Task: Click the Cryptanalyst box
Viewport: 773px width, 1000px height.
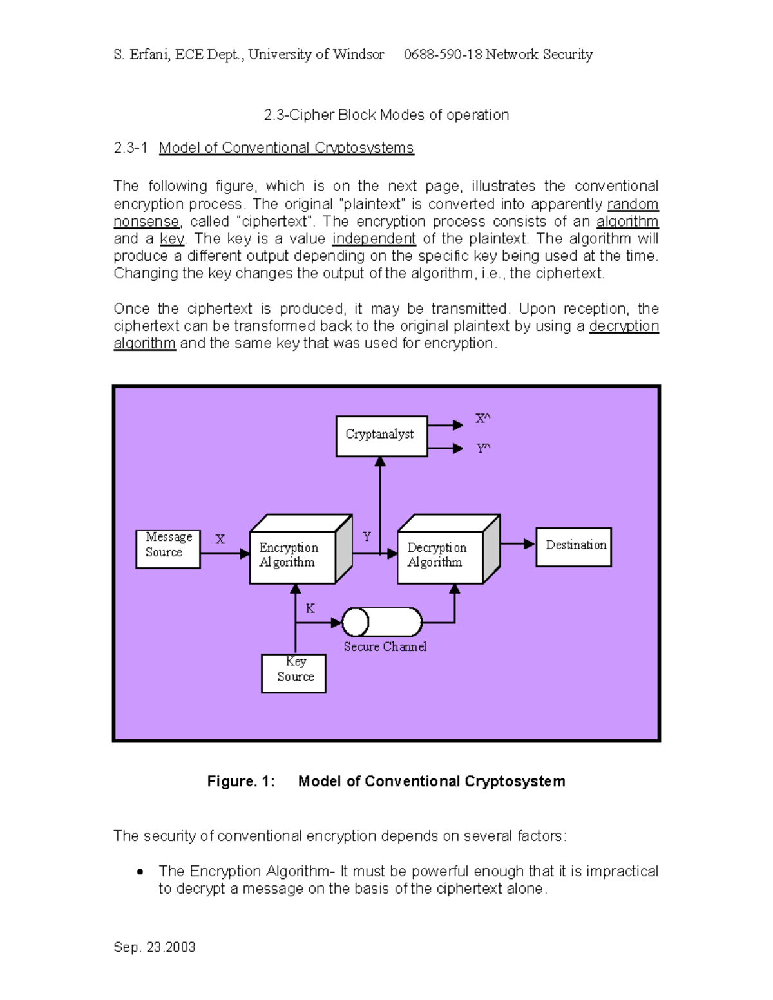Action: coord(381,436)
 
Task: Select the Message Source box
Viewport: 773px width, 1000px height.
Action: coord(168,549)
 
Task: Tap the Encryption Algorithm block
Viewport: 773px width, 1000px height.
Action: coord(292,556)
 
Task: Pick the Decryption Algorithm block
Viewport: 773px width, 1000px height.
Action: coord(440,556)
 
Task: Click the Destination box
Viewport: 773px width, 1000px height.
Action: coord(573,547)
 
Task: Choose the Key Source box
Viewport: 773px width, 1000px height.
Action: coord(294,673)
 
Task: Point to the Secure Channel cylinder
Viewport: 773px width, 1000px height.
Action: coord(382,622)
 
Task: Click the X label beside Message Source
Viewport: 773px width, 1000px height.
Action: coord(220,540)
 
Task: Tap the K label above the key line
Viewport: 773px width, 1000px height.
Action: coord(310,608)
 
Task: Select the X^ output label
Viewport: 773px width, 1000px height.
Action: coord(482,419)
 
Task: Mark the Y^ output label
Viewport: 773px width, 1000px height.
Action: coord(482,448)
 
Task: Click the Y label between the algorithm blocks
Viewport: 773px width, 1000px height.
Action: coord(367,536)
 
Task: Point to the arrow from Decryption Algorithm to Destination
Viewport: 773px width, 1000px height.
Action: coord(518,544)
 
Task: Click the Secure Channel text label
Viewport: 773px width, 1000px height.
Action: coord(385,646)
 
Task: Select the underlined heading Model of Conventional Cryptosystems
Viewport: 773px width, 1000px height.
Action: coord(286,148)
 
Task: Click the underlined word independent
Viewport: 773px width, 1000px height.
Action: coord(374,239)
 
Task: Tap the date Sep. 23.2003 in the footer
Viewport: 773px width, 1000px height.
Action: coord(155,947)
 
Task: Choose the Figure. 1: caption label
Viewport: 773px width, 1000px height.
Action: coord(241,781)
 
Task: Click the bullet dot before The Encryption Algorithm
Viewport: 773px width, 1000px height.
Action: coord(140,872)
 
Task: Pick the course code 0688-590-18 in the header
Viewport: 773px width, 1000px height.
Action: coord(443,55)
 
